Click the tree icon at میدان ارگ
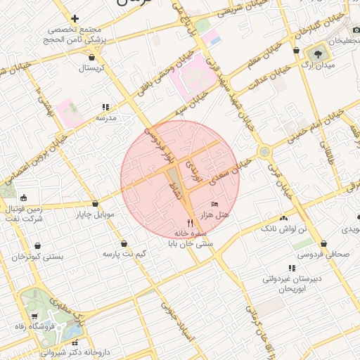click(x=321, y=51)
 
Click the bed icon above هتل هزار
click(x=214, y=204)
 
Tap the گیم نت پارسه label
click(x=124, y=252)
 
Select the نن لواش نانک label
click(x=284, y=229)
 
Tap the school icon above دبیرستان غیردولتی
click(x=291, y=268)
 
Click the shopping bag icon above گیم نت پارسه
click(x=124, y=243)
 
